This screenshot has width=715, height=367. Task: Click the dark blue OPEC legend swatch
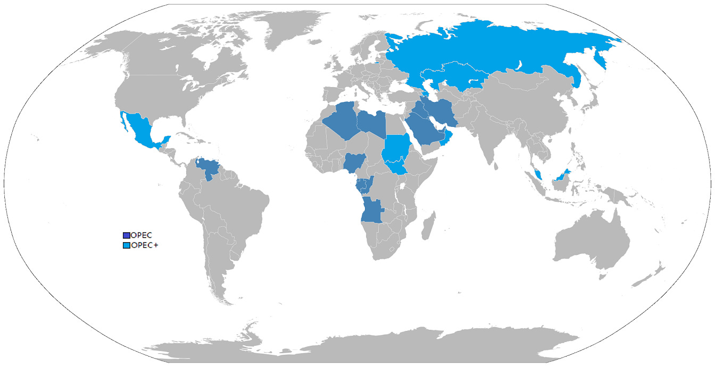[126, 235]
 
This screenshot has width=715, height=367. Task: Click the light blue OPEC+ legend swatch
[126, 245]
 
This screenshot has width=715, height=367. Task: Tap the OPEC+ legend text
[144, 245]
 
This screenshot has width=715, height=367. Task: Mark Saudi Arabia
[426, 131]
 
